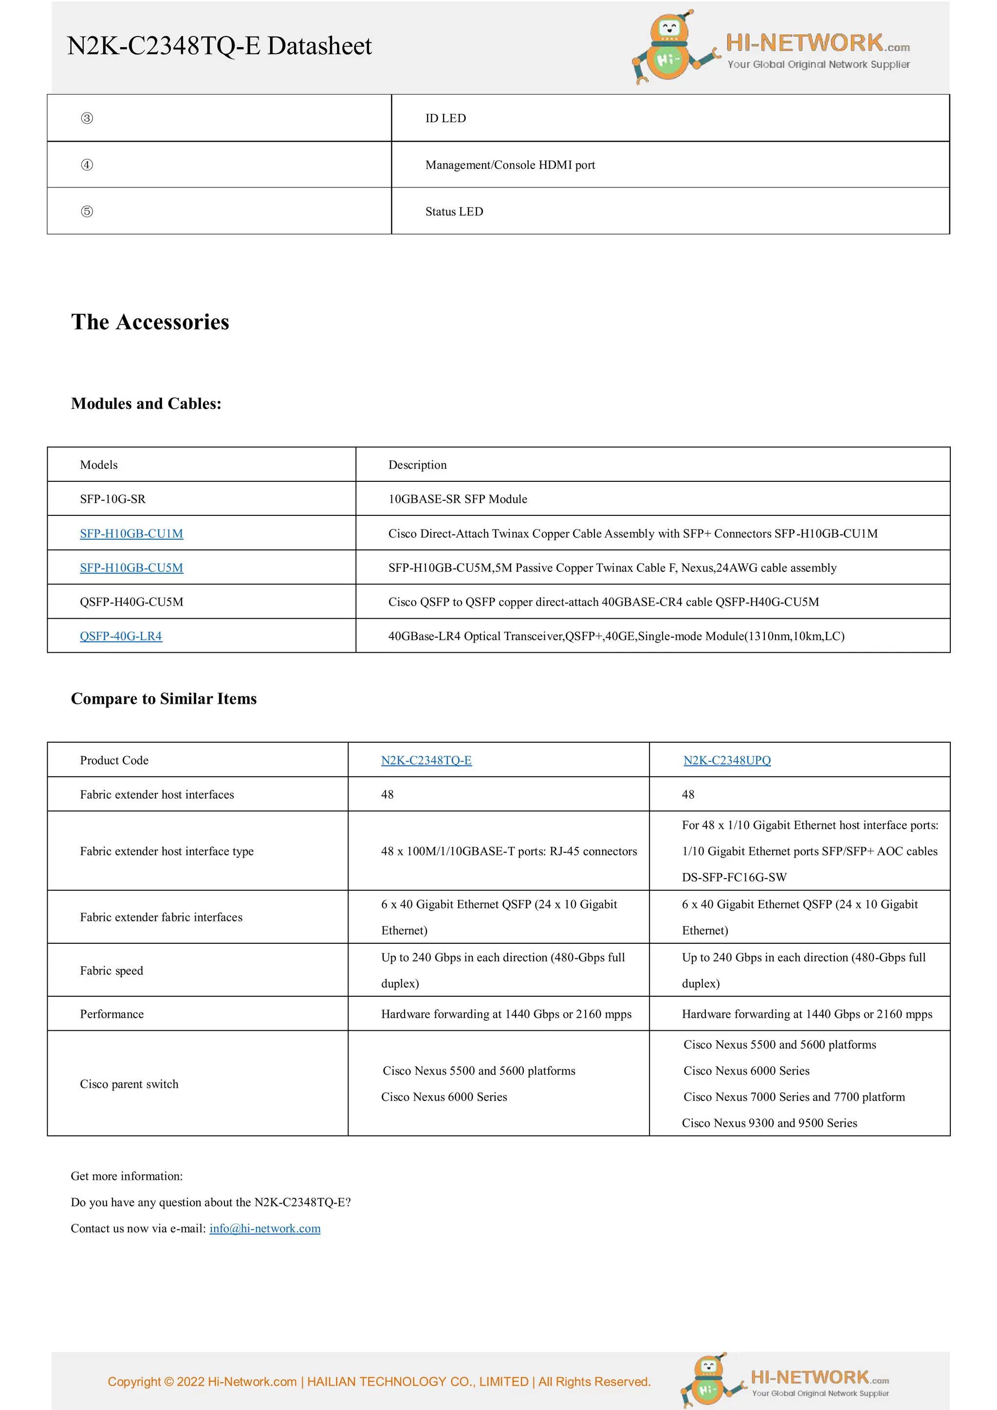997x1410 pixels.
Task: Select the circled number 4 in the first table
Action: click(x=87, y=165)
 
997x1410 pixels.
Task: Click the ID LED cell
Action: click(x=445, y=118)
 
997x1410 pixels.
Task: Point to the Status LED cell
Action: click(x=454, y=211)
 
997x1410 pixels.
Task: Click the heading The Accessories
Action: click(x=150, y=322)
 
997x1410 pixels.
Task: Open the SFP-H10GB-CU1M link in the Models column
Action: click(x=131, y=533)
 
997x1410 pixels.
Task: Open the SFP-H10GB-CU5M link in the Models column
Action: click(x=131, y=568)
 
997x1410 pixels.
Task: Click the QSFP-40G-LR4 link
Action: click(x=121, y=636)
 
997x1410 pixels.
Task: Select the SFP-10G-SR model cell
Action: click(x=113, y=499)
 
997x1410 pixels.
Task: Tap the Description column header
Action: click(x=417, y=465)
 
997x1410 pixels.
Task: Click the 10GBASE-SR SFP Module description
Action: click(x=458, y=499)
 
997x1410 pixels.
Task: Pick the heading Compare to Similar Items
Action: click(x=164, y=698)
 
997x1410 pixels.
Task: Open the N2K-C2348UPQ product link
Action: click(x=727, y=760)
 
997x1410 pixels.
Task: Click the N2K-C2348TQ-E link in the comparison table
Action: click(x=426, y=760)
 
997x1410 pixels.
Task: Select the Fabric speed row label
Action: click(x=111, y=971)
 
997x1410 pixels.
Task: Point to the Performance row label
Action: click(x=112, y=1014)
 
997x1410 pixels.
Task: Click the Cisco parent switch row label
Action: click(x=129, y=1084)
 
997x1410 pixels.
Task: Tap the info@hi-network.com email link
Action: click(x=265, y=1228)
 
